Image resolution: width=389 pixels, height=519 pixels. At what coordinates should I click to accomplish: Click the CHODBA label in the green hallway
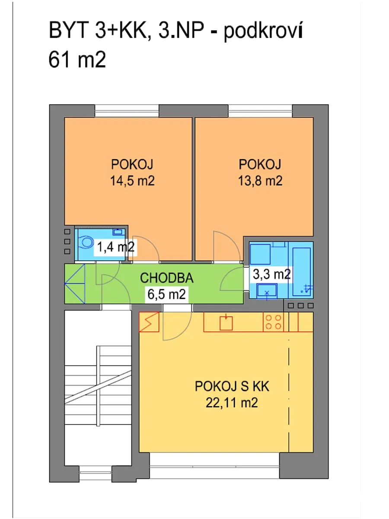tap(166, 278)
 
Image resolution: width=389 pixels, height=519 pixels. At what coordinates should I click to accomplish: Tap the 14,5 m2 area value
tap(132, 181)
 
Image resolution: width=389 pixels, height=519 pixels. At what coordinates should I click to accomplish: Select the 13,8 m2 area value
tap(260, 181)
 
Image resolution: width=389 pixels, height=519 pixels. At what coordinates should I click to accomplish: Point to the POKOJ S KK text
tap(232, 386)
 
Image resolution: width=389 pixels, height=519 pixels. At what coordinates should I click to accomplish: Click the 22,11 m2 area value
tap(232, 403)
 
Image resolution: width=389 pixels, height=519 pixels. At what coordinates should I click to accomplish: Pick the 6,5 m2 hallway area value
tap(166, 295)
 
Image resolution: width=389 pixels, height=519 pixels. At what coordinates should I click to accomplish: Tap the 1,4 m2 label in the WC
tap(115, 247)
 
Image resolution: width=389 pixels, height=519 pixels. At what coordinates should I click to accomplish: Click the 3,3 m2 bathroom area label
tap(271, 274)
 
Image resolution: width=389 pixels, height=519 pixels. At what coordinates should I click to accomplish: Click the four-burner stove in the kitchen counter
tap(273, 322)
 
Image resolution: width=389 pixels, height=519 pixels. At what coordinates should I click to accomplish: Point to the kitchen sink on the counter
tap(226, 323)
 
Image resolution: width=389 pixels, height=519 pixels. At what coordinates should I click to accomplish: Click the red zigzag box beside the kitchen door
tap(149, 322)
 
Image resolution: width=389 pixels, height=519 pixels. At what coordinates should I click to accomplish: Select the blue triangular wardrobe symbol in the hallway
tap(75, 284)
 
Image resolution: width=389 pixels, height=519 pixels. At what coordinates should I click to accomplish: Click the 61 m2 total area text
tap(77, 60)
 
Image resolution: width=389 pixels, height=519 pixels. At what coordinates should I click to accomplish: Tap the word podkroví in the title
tap(263, 31)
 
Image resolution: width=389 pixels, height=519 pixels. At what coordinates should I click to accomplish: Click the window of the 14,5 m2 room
tap(127, 111)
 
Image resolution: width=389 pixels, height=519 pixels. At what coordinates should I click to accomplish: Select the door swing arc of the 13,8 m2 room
tap(227, 246)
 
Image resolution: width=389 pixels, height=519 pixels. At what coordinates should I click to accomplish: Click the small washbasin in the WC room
tap(118, 232)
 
